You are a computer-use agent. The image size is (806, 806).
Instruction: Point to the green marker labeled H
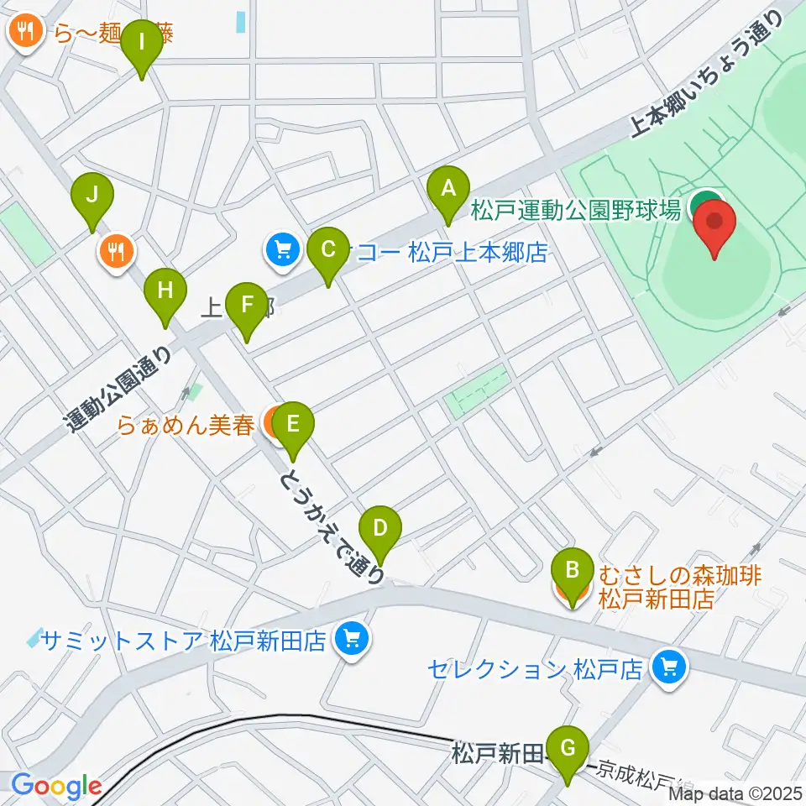(x=165, y=294)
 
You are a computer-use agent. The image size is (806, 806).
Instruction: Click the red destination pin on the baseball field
(x=714, y=226)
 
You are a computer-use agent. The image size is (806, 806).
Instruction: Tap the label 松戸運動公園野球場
(x=575, y=210)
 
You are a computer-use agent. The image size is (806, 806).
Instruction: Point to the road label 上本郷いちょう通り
(x=706, y=75)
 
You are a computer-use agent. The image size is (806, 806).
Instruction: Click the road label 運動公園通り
(x=121, y=391)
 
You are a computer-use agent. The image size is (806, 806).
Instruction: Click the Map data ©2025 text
(x=734, y=793)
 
